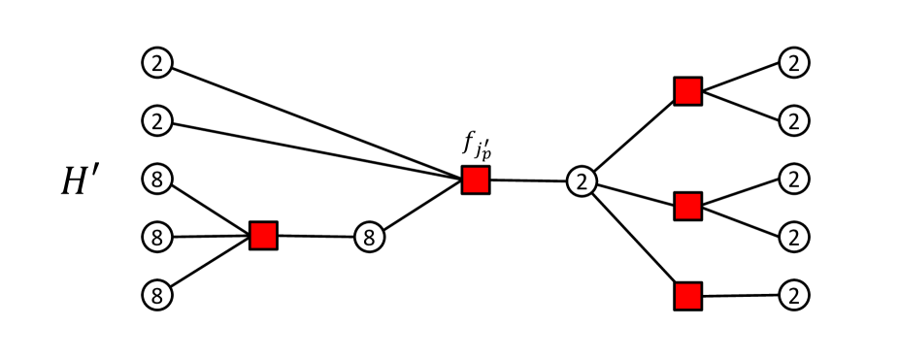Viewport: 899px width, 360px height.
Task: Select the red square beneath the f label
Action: [x=475, y=180]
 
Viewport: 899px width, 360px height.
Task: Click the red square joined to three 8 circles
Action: [x=263, y=235]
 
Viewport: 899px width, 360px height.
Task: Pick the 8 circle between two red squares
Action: [x=368, y=236]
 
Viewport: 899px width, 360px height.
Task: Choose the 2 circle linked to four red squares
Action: [x=581, y=180]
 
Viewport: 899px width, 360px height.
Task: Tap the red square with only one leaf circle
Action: [x=687, y=296]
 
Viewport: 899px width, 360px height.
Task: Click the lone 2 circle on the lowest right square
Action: [x=794, y=295]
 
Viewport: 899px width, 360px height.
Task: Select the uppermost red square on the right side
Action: [x=687, y=92]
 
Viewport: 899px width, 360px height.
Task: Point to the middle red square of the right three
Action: [x=687, y=206]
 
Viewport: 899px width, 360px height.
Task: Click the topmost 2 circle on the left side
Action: [x=156, y=64]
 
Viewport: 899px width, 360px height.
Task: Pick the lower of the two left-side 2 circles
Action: [x=156, y=121]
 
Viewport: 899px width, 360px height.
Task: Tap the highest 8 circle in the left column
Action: [x=156, y=179]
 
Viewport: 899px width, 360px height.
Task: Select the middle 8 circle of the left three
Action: [x=156, y=236]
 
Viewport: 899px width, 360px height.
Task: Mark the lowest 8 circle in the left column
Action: [x=156, y=293]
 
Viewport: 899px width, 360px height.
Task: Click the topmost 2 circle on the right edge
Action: [x=794, y=64]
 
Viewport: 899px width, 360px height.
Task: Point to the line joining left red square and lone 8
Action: [x=316, y=236]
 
